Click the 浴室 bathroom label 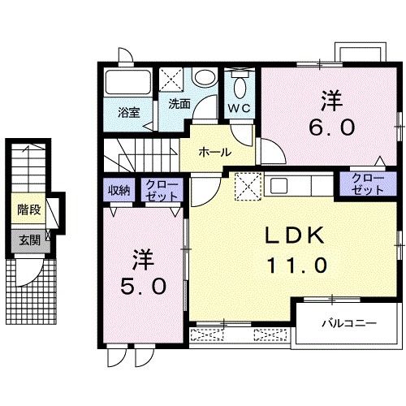tap(128, 112)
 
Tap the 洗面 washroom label tap(179, 104)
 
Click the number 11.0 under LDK tap(296, 265)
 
